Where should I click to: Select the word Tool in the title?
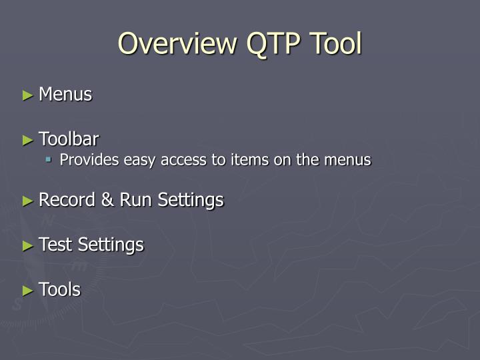[x=337, y=44]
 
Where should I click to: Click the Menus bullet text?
[x=65, y=95]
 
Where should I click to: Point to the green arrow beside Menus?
[x=27, y=95]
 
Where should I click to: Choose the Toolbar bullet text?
[x=69, y=139]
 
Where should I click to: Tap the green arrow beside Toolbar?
[x=27, y=140]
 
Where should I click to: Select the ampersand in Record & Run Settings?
[x=109, y=200]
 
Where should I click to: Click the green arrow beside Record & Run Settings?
[x=27, y=201]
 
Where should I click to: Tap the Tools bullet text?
[x=59, y=289]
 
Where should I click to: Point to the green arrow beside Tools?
[x=27, y=290]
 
